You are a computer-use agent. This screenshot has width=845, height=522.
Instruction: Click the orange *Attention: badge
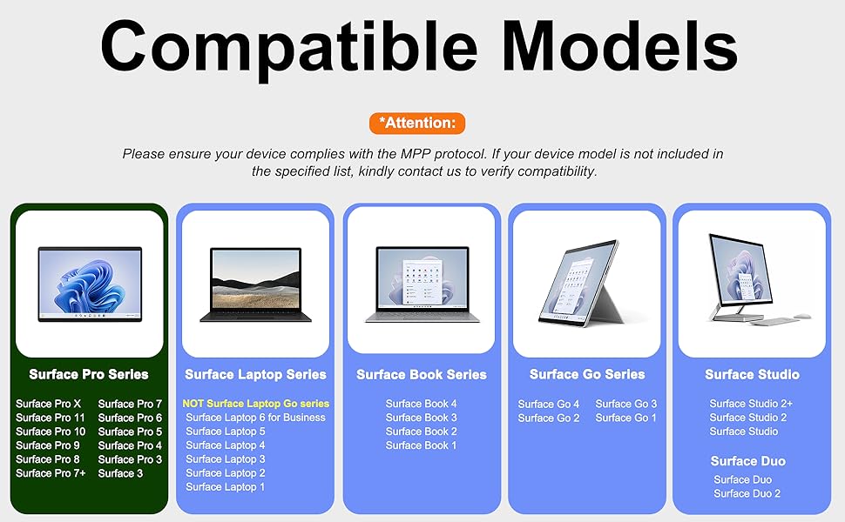pyautogui.click(x=417, y=124)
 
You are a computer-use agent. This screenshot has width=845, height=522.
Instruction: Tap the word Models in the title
pyautogui.click(x=619, y=46)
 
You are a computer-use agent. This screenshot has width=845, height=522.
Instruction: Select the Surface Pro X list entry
pyautogui.click(x=49, y=404)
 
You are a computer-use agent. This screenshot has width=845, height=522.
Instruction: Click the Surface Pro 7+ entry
pyautogui.click(x=51, y=473)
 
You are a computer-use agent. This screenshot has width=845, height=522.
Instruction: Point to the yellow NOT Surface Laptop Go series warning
pyautogui.click(x=255, y=404)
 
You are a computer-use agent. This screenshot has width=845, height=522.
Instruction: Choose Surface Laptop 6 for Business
pyautogui.click(x=255, y=418)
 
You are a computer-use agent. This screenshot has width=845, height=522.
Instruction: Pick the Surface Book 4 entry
pyautogui.click(x=421, y=404)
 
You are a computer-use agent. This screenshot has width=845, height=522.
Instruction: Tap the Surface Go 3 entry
pyautogui.click(x=626, y=404)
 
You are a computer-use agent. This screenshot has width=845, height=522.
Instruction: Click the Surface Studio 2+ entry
pyautogui.click(x=751, y=404)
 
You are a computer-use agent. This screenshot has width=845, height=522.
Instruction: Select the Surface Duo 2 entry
pyautogui.click(x=747, y=493)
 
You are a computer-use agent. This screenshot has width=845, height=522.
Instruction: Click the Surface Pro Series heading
pyautogui.click(x=89, y=375)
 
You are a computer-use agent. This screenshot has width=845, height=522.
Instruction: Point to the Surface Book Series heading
pyautogui.click(x=422, y=375)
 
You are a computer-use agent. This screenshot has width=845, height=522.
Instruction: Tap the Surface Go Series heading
pyautogui.click(x=587, y=375)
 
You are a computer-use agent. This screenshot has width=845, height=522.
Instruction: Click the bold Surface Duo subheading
pyautogui.click(x=748, y=461)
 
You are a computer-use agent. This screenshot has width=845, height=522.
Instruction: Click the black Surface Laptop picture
pyautogui.click(x=256, y=284)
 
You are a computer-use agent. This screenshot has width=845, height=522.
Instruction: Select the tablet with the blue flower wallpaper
pyautogui.click(x=90, y=284)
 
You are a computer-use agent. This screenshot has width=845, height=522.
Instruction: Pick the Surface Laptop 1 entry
pyautogui.click(x=226, y=487)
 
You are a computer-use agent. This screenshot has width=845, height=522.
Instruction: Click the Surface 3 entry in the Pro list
pyautogui.click(x=121, y=473)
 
